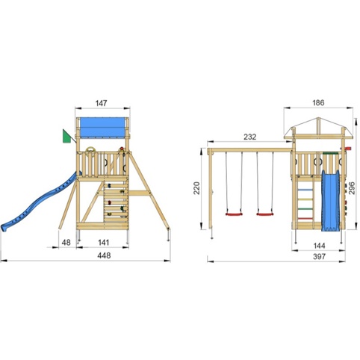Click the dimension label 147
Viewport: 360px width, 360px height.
102,103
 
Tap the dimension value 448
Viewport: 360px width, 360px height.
104,255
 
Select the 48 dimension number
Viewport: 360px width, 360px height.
66,242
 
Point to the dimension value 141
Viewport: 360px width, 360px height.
103,242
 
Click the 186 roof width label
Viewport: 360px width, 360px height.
318,102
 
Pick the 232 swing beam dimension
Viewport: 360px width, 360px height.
249,137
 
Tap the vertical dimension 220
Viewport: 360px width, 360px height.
197,188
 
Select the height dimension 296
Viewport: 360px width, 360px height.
352,188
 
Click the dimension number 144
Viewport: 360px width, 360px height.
319,246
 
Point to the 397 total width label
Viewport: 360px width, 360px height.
319,256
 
